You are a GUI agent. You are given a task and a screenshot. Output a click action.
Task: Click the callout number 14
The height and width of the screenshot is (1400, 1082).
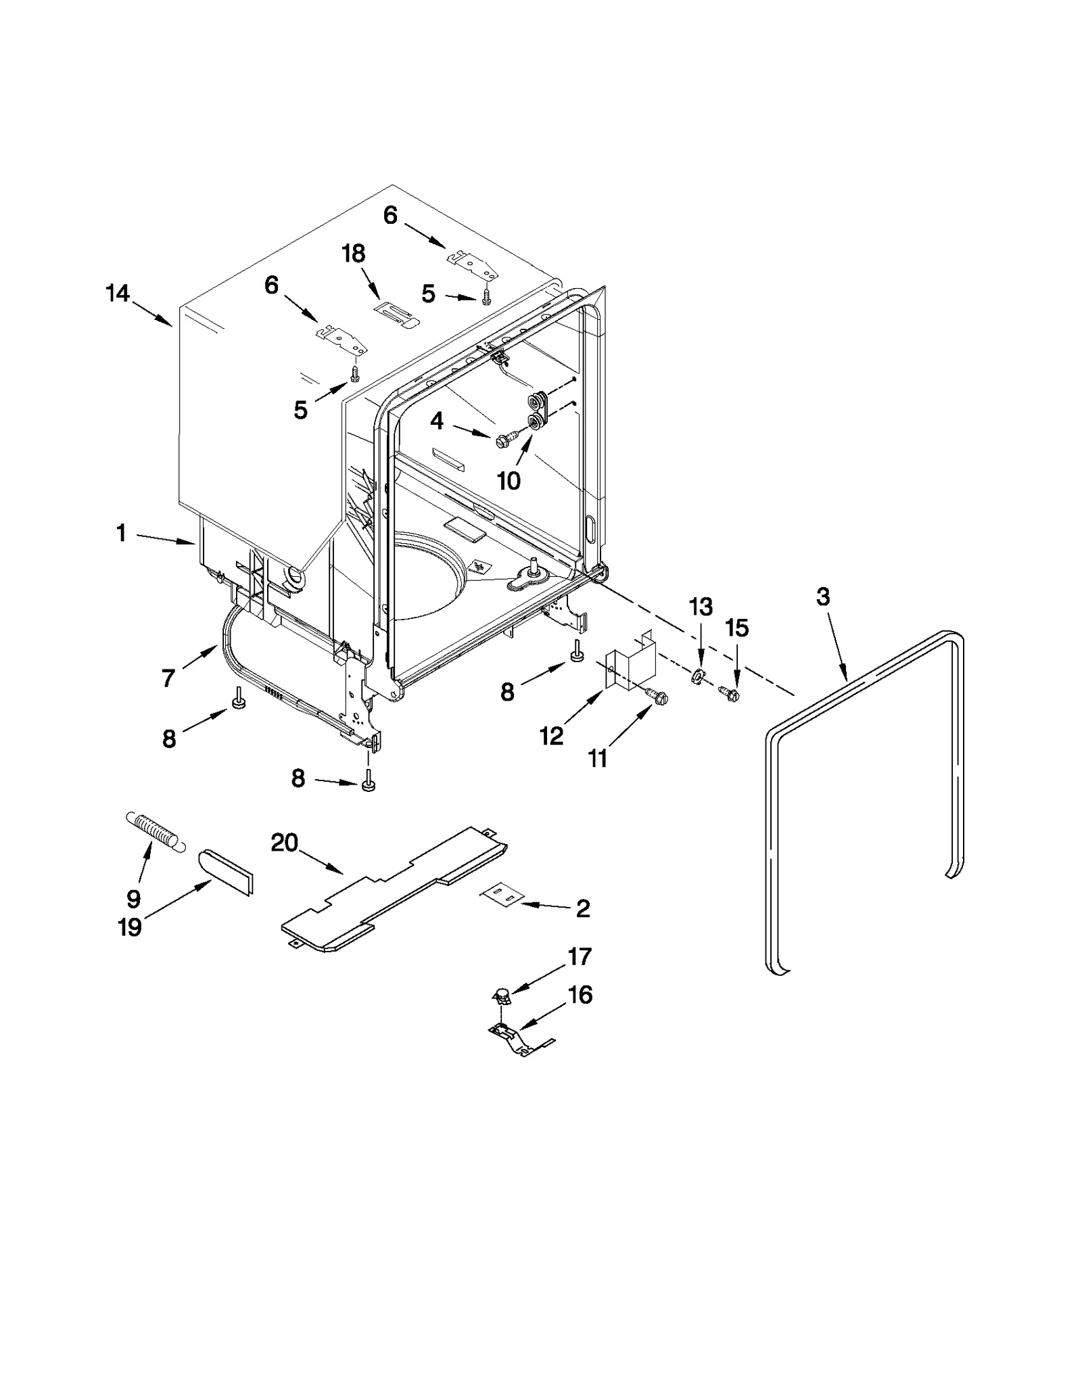(x=118, y=294)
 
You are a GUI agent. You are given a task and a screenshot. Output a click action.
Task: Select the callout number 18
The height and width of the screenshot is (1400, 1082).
(x=353, y=254)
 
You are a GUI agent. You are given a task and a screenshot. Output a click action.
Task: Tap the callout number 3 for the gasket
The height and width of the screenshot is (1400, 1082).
(x=823, y=597)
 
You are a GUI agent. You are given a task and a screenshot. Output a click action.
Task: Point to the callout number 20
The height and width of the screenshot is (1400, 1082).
(x=284, y=843)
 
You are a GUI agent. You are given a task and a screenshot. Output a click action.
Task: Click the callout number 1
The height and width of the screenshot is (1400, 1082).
(x=121, y=534)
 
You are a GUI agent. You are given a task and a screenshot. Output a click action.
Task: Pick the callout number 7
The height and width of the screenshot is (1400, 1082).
(x=168, y=677)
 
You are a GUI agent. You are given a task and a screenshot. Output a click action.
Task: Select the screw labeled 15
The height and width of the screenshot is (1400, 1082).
(x=729, y=693)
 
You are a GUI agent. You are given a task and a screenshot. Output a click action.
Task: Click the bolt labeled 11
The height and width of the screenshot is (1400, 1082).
(x=657, y=695)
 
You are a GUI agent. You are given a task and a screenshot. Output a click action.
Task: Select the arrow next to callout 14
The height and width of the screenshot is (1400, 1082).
(x=153, y=314)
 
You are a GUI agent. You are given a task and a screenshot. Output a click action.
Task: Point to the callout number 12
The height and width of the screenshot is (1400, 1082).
(x=552, y=736)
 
